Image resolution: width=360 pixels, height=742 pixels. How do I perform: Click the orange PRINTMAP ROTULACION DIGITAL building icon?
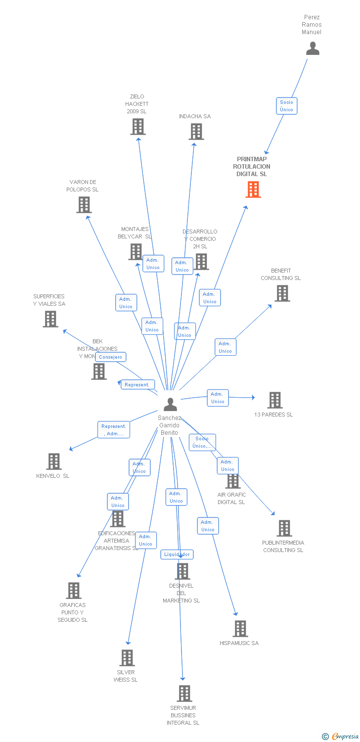point(253,189)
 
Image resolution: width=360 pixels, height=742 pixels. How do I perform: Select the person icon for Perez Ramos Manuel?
point(313,48)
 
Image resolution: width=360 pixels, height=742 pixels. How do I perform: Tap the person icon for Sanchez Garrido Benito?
point(170,404)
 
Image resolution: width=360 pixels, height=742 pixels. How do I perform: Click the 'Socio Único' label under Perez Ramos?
point(286,106)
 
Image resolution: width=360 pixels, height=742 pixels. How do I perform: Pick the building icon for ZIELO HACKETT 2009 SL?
point(137,127)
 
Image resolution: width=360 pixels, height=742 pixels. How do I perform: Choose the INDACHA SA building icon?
point(196,132)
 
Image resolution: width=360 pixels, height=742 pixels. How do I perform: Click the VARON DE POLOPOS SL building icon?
point(84,205)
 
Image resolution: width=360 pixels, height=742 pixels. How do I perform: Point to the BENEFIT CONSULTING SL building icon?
point(282,293)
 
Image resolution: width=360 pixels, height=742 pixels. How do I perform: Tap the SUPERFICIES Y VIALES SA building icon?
point(50,319)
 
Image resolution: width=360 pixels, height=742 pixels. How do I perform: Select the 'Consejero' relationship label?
point(111,357)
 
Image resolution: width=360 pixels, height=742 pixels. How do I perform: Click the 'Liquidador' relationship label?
point(177,555)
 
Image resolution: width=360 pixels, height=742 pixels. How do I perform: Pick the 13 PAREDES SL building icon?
point(275,400)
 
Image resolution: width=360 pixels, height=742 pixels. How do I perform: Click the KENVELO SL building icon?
point(54,462)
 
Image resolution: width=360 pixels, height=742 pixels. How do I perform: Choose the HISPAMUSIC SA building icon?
point(240,629)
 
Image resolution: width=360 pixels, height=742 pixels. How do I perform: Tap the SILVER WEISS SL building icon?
point(128,658)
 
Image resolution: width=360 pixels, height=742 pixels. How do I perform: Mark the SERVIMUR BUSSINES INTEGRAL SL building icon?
point(184,694)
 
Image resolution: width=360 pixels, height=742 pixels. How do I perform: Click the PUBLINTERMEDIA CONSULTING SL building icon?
point(284,528)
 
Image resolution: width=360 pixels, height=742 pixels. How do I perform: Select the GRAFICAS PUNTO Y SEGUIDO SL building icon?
point(74,591)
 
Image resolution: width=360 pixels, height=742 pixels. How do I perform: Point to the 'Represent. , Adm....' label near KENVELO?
point(114,430)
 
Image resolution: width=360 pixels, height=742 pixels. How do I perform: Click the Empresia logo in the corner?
point(341,737)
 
